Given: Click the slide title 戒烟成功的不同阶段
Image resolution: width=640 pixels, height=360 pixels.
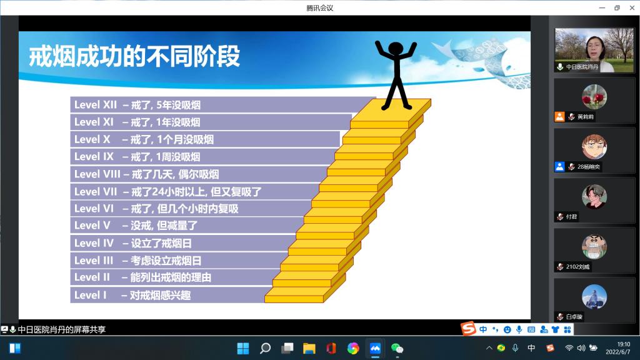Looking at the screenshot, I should tap(134, 57).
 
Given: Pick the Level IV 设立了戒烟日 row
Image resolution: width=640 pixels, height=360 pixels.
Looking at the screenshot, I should tap(137, 243).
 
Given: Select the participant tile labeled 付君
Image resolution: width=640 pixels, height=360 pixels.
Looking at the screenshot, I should tap(586, 200).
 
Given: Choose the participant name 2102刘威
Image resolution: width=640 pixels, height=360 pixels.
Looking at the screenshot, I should tap(579, 267).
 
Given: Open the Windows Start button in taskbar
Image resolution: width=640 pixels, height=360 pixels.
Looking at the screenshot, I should tap(242, 348).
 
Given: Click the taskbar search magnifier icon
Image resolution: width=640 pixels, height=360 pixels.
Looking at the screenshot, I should tap(265, 348).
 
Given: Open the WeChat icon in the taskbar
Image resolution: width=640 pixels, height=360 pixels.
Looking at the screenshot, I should tap(397, 348).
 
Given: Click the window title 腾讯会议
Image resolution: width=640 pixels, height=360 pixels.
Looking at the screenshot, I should tap(320, 7).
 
